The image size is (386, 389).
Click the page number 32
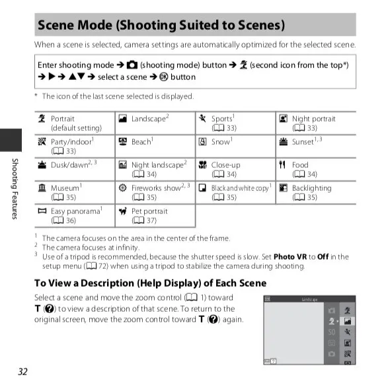(x=22, y=371)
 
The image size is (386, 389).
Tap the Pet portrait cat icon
(x=123, y=211)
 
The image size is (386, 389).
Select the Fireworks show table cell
(x=155, y=192)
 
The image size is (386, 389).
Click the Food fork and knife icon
(x=282, y=164)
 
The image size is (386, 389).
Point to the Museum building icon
(x=42, y=188)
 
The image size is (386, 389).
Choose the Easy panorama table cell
(x=75, y=215)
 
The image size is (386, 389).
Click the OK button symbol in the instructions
(x=163, y=77)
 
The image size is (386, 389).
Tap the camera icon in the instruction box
(x=132, y=65)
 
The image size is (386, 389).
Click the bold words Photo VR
(x=290, y=256)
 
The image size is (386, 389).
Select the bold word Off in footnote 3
(x=323, y=256)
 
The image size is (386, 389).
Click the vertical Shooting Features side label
(x=15, y=189)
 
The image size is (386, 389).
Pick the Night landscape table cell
(x=155, y=169)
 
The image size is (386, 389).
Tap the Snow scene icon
(x=202, y=141)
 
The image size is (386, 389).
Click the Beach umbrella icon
(x=123, y=141)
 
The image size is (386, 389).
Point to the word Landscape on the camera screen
(x=309, y=299)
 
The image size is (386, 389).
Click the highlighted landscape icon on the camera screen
(x=348, y=321)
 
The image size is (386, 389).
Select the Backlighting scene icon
(x=284, y=188)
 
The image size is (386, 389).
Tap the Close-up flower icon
(x=202, y=164)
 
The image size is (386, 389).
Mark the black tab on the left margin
(x=11, y=140)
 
